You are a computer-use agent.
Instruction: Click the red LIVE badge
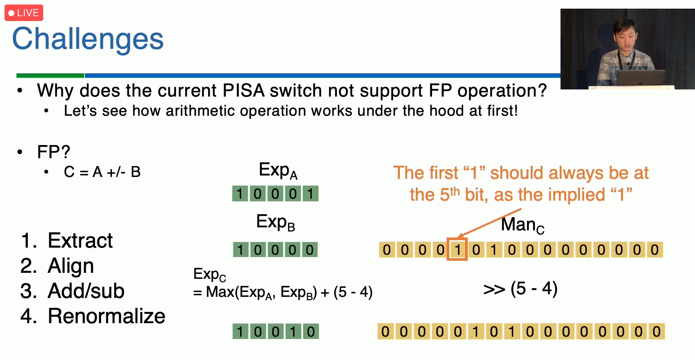pos(24,13)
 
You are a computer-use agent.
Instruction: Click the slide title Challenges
pos(88,39)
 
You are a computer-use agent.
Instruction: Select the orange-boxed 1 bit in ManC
pos(457,249)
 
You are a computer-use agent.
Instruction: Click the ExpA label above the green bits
pos(278,170)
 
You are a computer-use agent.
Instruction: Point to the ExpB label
pos(276,222)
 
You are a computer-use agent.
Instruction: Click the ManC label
pos(523,225)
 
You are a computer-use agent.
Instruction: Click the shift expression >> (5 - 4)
pos(520,289)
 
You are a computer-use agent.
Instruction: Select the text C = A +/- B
pos(102,172)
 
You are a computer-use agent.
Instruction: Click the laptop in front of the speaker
pos(640,78)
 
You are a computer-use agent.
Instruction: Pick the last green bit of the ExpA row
pos(310,194)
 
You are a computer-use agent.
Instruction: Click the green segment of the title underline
pos(50,76)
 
